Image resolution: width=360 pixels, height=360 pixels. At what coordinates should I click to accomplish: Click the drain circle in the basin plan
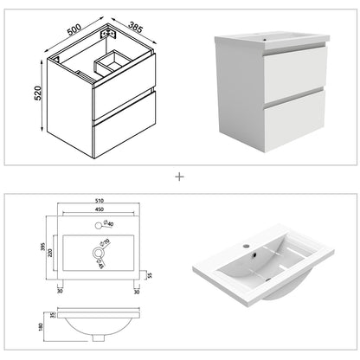(96, 254)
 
